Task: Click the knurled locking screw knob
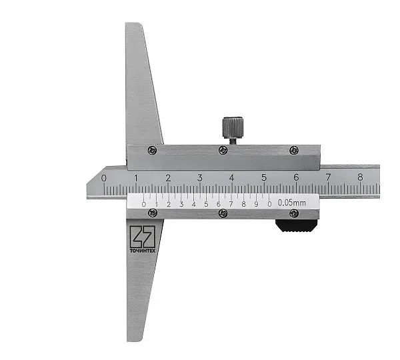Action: coord(233,127)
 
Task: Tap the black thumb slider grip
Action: coord(295,226)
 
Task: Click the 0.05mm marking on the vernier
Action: coord(291,203)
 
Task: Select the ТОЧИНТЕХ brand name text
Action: coord(143,251)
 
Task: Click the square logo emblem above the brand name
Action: coord(143,237)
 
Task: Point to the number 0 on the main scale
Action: coord(103,178)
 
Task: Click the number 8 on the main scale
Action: coord(360,177)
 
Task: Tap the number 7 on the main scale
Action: coord(328,177)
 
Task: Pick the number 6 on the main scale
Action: coord(296,177)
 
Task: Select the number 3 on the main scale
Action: coord(200,177)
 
